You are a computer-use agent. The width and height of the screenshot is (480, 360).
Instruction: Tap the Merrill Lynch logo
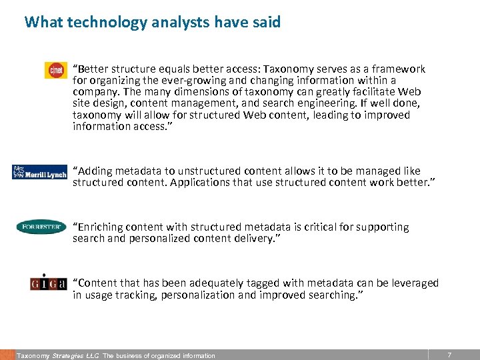pyautogui.click(x=39, y=172)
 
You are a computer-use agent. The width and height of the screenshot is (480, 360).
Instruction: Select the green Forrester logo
pyautogui.click(x=41, y=227)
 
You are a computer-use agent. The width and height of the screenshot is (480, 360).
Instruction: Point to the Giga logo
pyautogui.click(x=49, y=283)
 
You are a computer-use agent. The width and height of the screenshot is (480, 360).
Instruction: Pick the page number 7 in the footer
pyautogui.click(x=449, y=355)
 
